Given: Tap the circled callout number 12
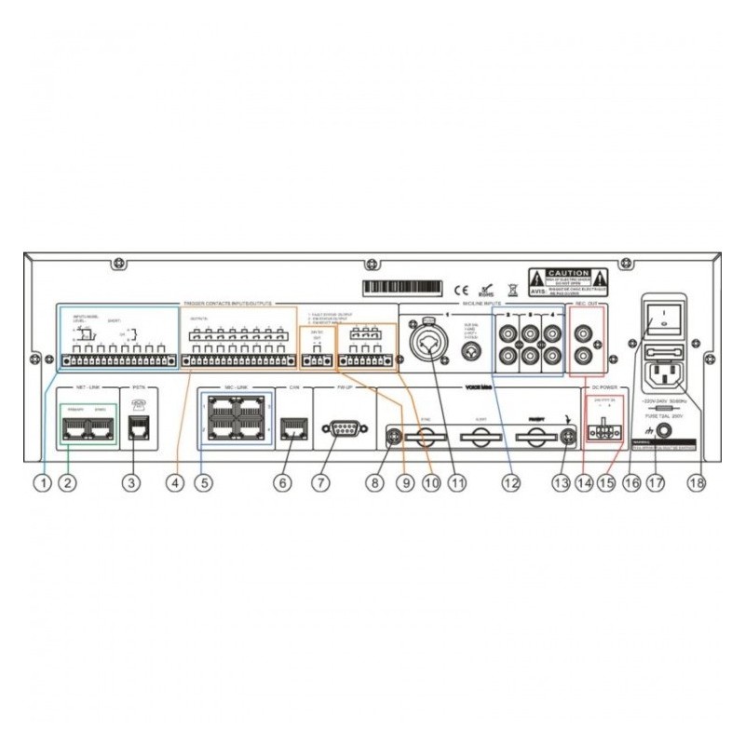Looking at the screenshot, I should (x=509, y=482).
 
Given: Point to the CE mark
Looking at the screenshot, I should (x=458, y=288).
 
